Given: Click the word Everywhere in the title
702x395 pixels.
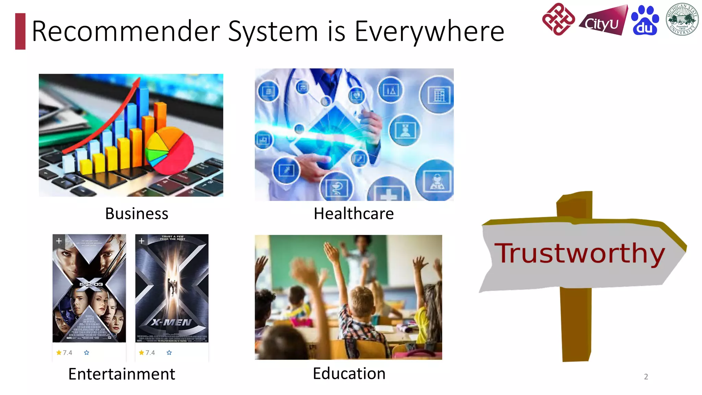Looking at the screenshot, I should (x=429, y=32).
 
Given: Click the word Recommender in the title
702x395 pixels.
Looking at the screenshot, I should (x=125, y=32).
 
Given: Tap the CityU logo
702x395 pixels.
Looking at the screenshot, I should (x=603, y=21).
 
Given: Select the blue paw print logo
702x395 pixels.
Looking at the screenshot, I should (x=644, y=21).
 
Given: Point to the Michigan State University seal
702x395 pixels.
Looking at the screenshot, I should (x=682, y=19).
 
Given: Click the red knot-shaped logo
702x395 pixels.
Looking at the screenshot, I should (x=558, y=19).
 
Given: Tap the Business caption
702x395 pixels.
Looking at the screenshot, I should (x=136, y=214).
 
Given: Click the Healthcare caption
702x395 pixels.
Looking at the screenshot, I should (x=354, y=214).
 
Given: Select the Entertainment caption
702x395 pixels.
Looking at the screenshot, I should (x=121, y=374).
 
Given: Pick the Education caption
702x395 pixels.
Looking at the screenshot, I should (x=349, y=373).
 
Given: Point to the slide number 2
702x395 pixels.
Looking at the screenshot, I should (x=646, y=376).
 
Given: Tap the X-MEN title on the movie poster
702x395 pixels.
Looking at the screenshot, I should (x=172, y=322).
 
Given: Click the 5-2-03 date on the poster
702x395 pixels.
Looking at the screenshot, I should (x=91, y=284).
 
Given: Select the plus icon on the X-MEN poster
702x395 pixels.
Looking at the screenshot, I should (x=142, y=241).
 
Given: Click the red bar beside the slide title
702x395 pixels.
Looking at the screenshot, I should (x=20, y=31).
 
